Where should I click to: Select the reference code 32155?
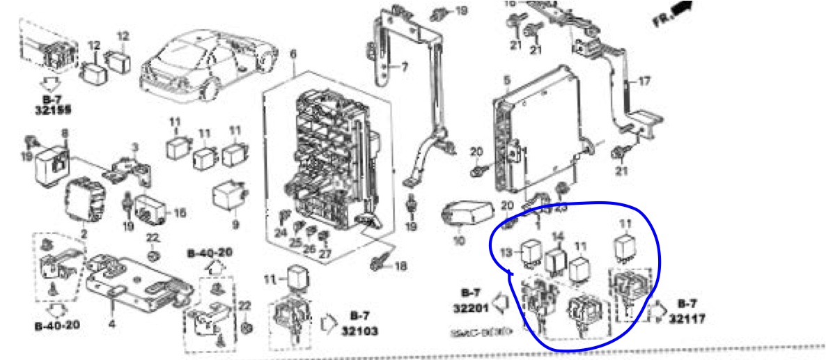pos(52,110)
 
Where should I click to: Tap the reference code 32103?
pos(359,331)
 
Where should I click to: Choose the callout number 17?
pos(644,81)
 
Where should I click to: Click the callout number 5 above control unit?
pos(506,80)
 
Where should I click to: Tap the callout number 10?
pos(457,241)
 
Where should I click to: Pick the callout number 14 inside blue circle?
pos(556,237)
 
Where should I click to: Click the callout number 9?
pos(235,225)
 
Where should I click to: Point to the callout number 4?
pos(112,322)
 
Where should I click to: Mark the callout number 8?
pos(65,132)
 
